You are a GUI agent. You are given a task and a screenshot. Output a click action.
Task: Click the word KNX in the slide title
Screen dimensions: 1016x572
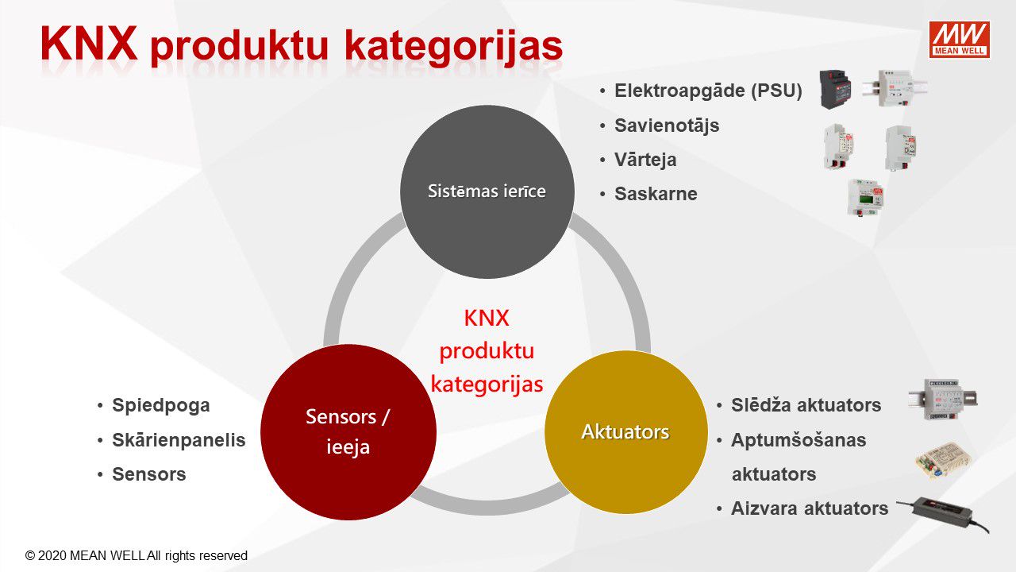tap(89, 43)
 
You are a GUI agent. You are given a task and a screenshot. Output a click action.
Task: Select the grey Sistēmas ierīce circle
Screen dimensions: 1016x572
tap(487, 191)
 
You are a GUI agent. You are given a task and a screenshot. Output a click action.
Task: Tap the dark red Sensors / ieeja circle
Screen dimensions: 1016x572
tap(348, 431)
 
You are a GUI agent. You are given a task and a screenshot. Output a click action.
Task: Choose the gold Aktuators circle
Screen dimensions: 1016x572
tap(626, 431)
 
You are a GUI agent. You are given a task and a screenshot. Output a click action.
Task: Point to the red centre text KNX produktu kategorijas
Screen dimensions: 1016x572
tap(487, 351)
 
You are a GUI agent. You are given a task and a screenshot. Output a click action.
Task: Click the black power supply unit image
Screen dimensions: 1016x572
tap(835, 89)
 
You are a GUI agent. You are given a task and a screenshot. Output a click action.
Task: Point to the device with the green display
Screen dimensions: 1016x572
tap(865, 197)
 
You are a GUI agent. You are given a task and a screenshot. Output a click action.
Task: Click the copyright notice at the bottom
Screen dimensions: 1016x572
tap(136, 555)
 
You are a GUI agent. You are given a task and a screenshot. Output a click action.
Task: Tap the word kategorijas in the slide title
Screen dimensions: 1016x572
tap(453, 48)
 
